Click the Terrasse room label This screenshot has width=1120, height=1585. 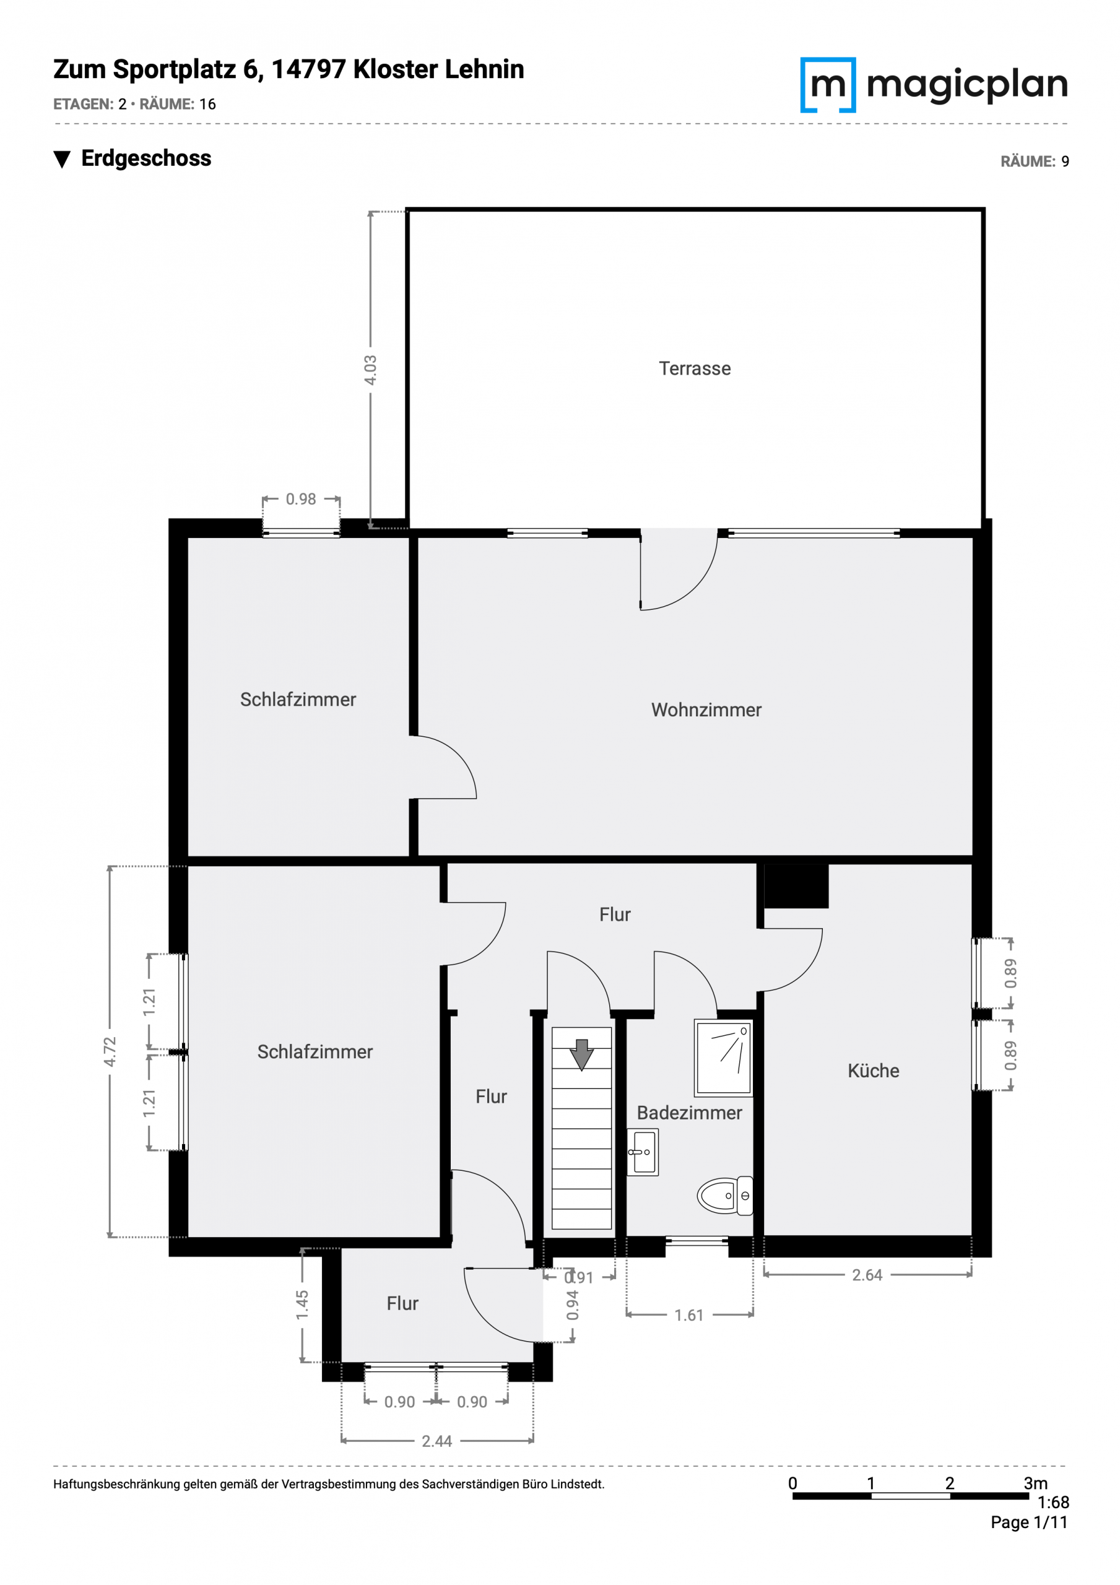(x=694, y=368)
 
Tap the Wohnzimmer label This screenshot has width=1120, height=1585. (x=706, y=710)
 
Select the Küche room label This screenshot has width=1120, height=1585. (x=873, y=1070)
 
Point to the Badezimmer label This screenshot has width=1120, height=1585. (x=688, y=1112)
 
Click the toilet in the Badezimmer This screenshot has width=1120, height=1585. (x=724, y=1196)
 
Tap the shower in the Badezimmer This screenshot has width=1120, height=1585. (x=723, y=1057)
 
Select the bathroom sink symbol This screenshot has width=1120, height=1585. (x=642, y=1152)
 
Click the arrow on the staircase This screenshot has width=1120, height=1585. (x=581, y=1055)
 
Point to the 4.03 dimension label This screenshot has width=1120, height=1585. (x=370, y=370)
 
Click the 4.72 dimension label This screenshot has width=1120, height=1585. (x=110, y=1051)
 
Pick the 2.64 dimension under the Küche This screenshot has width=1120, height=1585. (x=867, y=1275)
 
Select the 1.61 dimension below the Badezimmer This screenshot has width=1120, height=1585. (x=688, y=1315)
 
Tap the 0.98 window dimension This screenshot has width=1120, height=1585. (x=300, y=498)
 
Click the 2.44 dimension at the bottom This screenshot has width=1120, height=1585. (x=436, y=1441)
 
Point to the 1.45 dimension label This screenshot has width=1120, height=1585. (x=302, y=1305)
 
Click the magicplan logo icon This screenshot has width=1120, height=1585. (x=827, y=84)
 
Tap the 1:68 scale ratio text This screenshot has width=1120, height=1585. (x=1053, y=1502)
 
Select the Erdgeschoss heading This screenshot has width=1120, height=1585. (x=145, y=158)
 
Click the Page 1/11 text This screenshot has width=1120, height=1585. (x=1029, y=1522)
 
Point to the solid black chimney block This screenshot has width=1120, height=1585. (x=796, y=886)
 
